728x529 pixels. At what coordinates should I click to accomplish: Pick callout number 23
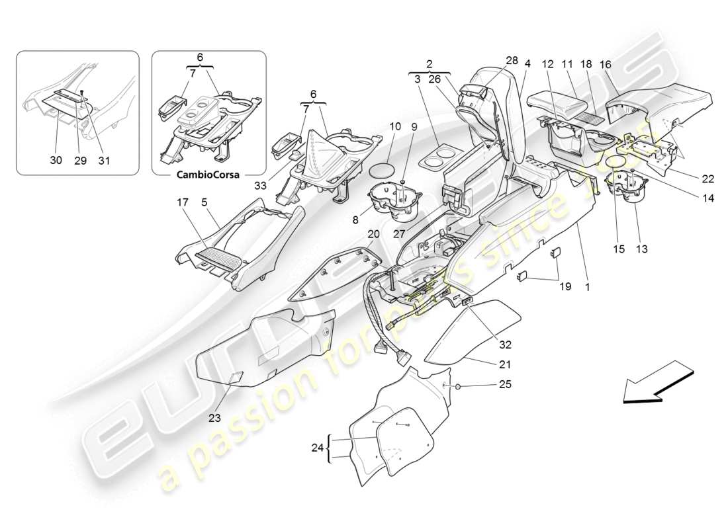click(x=214, y=417)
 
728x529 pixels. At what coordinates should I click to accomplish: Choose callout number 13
click(x=642, y=249)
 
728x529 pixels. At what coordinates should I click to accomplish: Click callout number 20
click(x=373, y=233)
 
